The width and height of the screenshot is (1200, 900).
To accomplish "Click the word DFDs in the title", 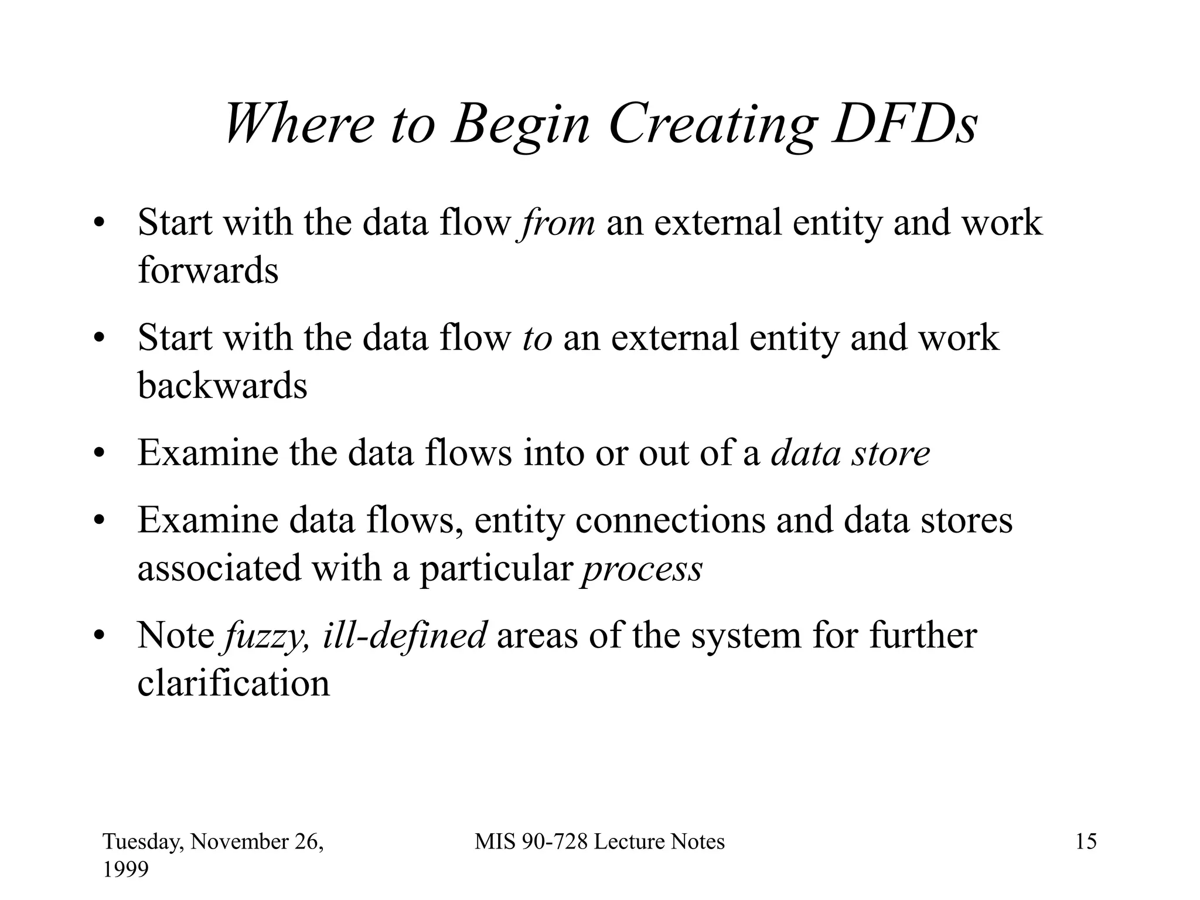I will pyautogui.click(x=905, y=124).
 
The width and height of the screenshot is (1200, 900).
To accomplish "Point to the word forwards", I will pyautogui.click(x=208, y=271).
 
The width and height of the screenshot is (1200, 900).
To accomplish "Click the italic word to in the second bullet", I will pyautogui.click(x=537, y=339).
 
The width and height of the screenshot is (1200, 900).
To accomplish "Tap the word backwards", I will pyautogui.click(x=222, y=386).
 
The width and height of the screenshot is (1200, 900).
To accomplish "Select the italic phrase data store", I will pyautogui.click(x=850, y=454).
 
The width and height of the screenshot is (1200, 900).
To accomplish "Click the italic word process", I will pyautogui.click(x=642, y=569).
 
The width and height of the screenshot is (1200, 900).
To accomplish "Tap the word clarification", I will pyautogui.click(x=233, y=684).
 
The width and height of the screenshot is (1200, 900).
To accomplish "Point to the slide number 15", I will pyautogui.click(x=1086, y=842).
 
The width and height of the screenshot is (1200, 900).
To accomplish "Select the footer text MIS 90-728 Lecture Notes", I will pyautogui.click(x=599, y=842).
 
